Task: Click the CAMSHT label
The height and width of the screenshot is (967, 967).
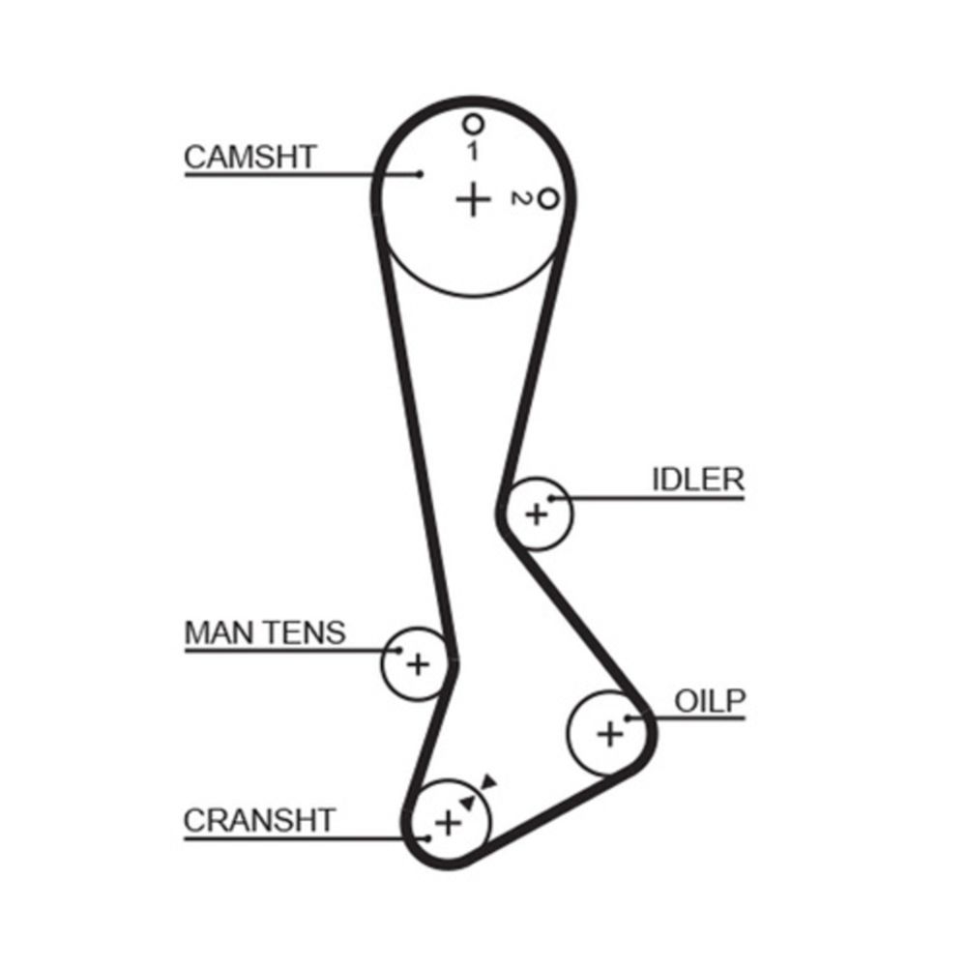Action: point(249,157)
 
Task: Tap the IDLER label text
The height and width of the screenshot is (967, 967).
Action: point(698,480)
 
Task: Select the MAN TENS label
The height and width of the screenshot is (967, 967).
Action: point(264,633)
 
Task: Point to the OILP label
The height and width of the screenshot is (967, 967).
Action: point(711,701)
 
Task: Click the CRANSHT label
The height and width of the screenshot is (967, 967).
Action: point(258,821)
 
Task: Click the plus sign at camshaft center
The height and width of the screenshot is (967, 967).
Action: point(473,199)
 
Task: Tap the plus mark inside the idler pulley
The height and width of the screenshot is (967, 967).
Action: point(536,513)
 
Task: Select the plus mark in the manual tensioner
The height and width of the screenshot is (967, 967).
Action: point(417,664)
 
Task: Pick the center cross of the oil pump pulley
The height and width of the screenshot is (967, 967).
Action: point(610,734)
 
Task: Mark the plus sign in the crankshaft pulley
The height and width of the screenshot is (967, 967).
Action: point(447,823)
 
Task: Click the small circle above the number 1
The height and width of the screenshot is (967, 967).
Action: point(472,124)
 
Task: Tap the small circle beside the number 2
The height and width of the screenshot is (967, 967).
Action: point(548,199)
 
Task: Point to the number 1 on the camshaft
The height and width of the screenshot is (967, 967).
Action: point(472,150)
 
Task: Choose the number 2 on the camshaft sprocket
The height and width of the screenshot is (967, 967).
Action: point(521,199)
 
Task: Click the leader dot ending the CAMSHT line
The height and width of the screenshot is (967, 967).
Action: point(421,175)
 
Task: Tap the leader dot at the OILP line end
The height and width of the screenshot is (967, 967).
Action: point(628,718)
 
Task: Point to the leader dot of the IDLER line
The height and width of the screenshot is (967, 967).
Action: point(552,498)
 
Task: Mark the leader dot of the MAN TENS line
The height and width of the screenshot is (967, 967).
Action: point(399,650)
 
